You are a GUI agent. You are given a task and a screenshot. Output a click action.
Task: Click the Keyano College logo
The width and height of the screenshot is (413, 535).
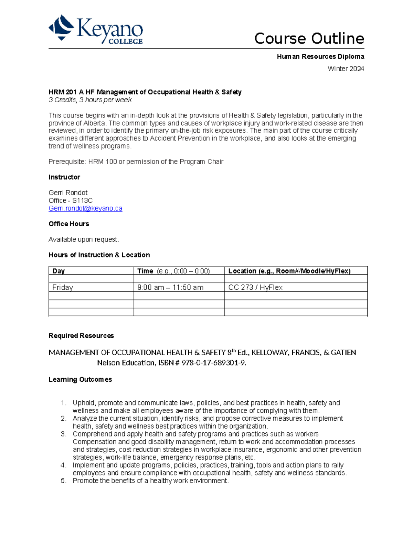pos(96,30)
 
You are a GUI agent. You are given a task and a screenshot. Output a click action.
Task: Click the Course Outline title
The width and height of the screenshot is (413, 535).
pos(309,39)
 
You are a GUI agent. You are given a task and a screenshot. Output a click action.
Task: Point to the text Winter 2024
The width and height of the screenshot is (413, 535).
pos(346,69)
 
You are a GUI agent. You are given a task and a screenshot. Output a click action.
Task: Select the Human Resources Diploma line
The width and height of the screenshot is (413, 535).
pos(320,56)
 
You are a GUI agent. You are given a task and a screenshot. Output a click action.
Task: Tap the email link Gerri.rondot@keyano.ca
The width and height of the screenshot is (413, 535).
pos(85,208)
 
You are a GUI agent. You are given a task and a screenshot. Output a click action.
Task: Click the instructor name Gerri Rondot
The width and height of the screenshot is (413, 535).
pos(68,193)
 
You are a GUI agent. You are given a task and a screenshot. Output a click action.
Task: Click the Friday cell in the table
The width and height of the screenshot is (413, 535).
pos(63,287)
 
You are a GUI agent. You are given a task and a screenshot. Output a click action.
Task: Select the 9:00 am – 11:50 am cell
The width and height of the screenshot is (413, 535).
pos(170,287)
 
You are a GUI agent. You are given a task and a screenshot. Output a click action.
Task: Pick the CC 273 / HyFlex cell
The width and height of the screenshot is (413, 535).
pos(255,287)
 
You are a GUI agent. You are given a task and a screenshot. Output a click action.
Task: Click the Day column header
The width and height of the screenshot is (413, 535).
pos(59,271)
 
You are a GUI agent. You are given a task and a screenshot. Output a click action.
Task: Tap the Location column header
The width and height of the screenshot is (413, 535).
pos(289,271)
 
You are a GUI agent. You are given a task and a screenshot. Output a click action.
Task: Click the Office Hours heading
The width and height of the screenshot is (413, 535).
pos(69,224)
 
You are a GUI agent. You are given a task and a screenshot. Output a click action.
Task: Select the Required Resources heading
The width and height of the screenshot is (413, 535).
pos(81,336)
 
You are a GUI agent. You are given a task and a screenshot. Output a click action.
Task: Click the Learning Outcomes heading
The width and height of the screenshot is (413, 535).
pos(80,379)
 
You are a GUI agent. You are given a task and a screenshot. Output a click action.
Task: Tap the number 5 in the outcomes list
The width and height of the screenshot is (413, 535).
pos(63,481)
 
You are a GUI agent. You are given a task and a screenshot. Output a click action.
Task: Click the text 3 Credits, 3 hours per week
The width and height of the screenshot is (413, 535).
pos(90,100)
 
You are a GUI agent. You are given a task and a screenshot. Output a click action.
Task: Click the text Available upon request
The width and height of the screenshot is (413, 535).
pos(84,239)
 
